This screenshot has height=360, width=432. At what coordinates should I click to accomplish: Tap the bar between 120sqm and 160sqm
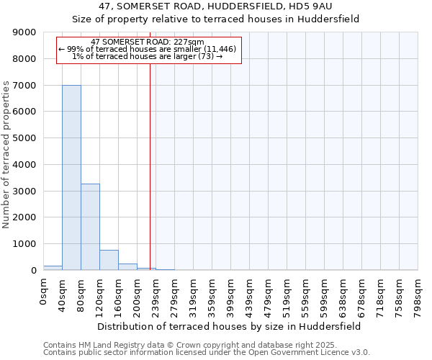pyautogui.click(x=109, y=260)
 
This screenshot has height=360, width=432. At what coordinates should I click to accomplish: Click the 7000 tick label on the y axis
pyautogui.click(x=27, y=85)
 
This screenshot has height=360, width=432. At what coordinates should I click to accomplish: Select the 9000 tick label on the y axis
pyautogui.click(x=27, y=32)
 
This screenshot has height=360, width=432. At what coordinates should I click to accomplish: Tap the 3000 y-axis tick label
pyautogui.click(x=27, y=191)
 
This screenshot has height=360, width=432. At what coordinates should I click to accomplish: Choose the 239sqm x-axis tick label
pyautogui.click(x=156, y=295)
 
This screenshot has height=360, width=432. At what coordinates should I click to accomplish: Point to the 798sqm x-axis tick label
pyautogui.click(x=418, y=295)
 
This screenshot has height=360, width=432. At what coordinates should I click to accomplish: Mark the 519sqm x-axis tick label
pyautogui.click(x=287, y=295)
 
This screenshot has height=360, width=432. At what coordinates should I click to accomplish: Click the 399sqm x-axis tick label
pyautogui.click(x=231, y=295)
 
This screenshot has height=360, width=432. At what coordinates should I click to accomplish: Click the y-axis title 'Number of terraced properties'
pyautogui.click(x=7, y=155)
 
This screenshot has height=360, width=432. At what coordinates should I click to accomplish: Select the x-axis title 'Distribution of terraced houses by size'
pyautogui.click(x=230, y=326)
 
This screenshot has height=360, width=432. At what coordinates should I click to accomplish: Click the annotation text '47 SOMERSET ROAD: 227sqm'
pyautogui.click(x=148, y=42)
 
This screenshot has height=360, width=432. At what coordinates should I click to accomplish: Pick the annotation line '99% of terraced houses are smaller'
pyautogui.click(x=148, y=49)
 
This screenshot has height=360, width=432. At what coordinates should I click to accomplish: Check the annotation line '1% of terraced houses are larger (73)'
pyautogui.click(x=148, y=56)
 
